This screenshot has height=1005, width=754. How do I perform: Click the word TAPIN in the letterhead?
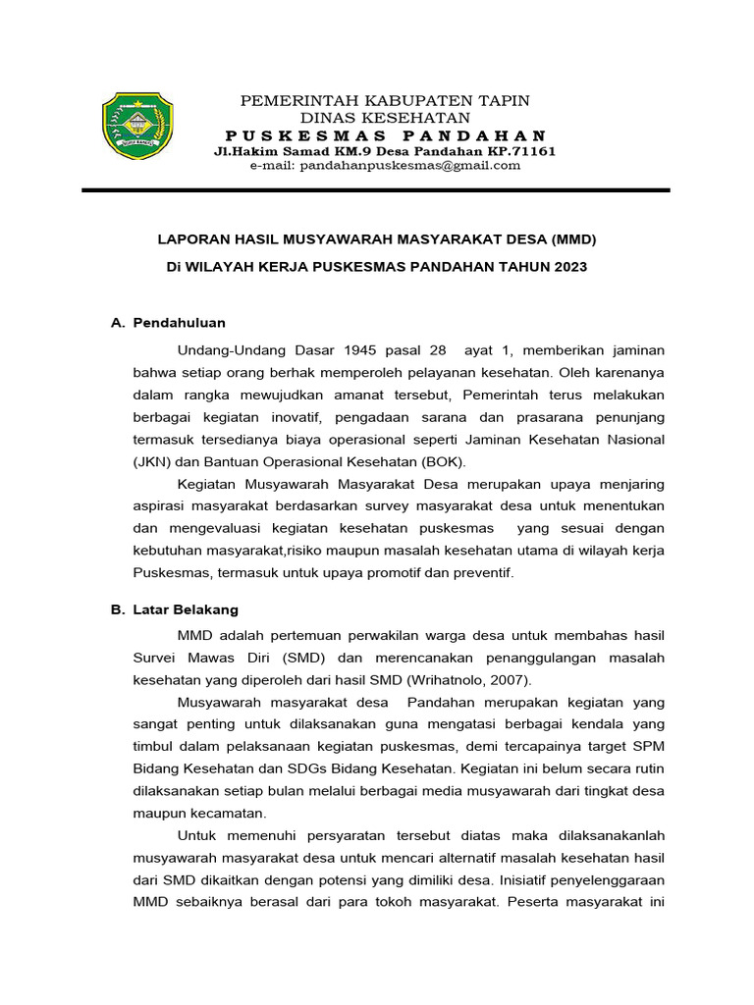[504, 100]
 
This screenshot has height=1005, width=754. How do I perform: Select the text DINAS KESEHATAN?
[385, 117]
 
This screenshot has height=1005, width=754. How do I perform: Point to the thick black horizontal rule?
[376, 190]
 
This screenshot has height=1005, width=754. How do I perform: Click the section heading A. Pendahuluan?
[169, 322]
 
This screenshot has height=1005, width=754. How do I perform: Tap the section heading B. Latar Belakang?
[175, 609]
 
